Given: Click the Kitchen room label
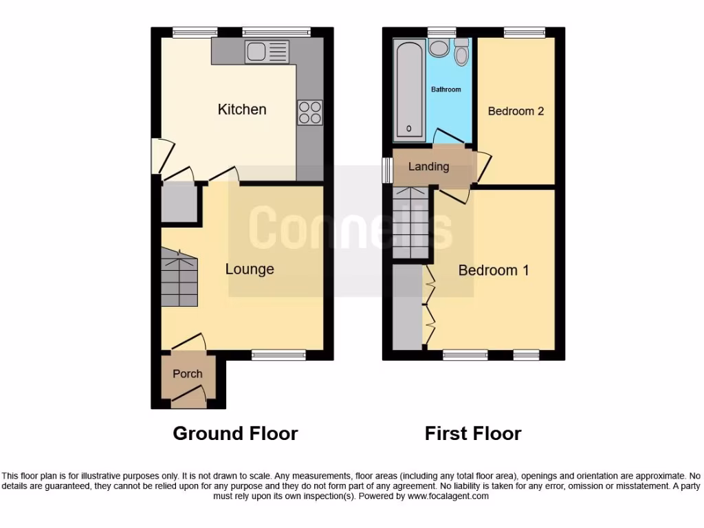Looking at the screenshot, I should tap(242, 109).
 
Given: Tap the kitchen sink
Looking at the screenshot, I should tap(268, 52).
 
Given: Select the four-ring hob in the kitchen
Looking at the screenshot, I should tap(309, 113).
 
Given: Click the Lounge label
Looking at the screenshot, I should tap(250, 269).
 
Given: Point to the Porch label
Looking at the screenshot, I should tap(187, 374).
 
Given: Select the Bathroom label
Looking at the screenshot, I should tap(446, 89).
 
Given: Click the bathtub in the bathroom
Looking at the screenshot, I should tap(410, 89).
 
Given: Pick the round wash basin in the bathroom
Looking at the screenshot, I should tap(437, 48).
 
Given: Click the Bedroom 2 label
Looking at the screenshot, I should tap(516, 111).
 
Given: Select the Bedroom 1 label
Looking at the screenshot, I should tap(494, 270).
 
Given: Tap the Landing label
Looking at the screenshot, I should tap(428, 166).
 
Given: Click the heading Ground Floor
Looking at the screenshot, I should tap(235, 434).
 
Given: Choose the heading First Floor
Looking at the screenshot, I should tap(473, 434).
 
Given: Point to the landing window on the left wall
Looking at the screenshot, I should tap(387, 170).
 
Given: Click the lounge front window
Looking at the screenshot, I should tap(278, 355).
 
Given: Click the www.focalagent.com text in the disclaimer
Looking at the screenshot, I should tap(448, 496).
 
